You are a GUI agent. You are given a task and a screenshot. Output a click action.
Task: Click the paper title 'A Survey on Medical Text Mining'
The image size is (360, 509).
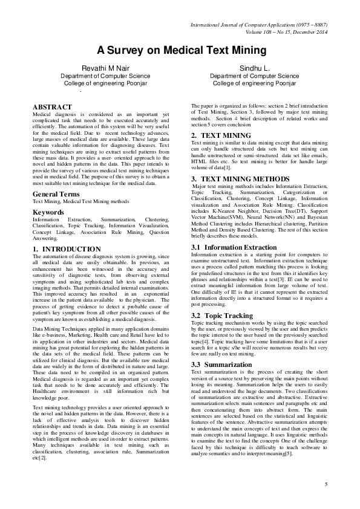point(180,51)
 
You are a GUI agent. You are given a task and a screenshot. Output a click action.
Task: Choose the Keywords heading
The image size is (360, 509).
point(48,196)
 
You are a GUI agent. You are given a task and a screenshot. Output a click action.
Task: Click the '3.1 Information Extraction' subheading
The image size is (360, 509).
point(234,248)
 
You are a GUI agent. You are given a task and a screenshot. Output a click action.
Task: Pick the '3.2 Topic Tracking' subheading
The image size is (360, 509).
point(222,316)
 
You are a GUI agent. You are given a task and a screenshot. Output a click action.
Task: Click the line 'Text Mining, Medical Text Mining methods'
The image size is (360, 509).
point(80,184)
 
